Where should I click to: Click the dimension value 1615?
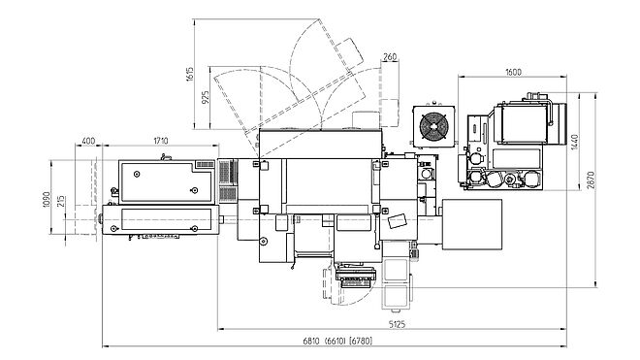click(x=190, y=74)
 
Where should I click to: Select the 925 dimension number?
click(x=206, y=97)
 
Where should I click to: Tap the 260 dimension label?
click(x=390, y=57)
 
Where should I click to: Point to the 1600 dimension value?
click(x=514, y=72)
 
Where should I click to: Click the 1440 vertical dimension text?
click(x=575, y=142)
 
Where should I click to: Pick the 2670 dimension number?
click(x=591, y=180)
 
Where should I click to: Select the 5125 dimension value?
click(x=397, y=324)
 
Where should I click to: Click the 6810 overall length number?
click(x=311, y=341)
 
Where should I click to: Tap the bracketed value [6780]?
click(x=362, y=341)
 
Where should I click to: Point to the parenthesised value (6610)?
click(x=336, y=341)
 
